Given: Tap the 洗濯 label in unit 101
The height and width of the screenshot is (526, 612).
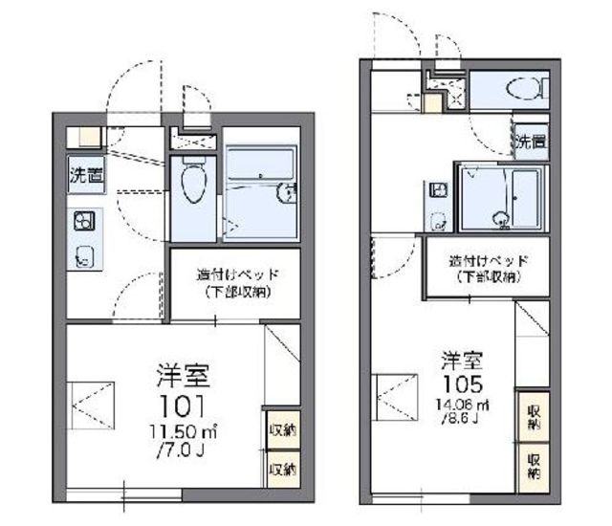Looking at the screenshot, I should (x=85, y=175).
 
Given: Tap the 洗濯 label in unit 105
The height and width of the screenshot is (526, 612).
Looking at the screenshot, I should (x=531, y=143).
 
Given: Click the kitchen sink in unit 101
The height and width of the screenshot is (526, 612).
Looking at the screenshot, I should (x=84, y=255).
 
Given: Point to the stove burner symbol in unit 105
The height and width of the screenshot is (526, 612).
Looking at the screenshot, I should (x=439, y=190).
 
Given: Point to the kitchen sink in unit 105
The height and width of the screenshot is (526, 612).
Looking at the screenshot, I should (x=439, y=221).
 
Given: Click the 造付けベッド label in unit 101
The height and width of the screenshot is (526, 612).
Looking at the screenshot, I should (x=237, y=275).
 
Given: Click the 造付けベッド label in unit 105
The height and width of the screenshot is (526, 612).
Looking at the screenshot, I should (x=489, y=260).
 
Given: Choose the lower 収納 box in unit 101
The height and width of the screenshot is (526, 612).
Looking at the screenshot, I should (x=281, y=469).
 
